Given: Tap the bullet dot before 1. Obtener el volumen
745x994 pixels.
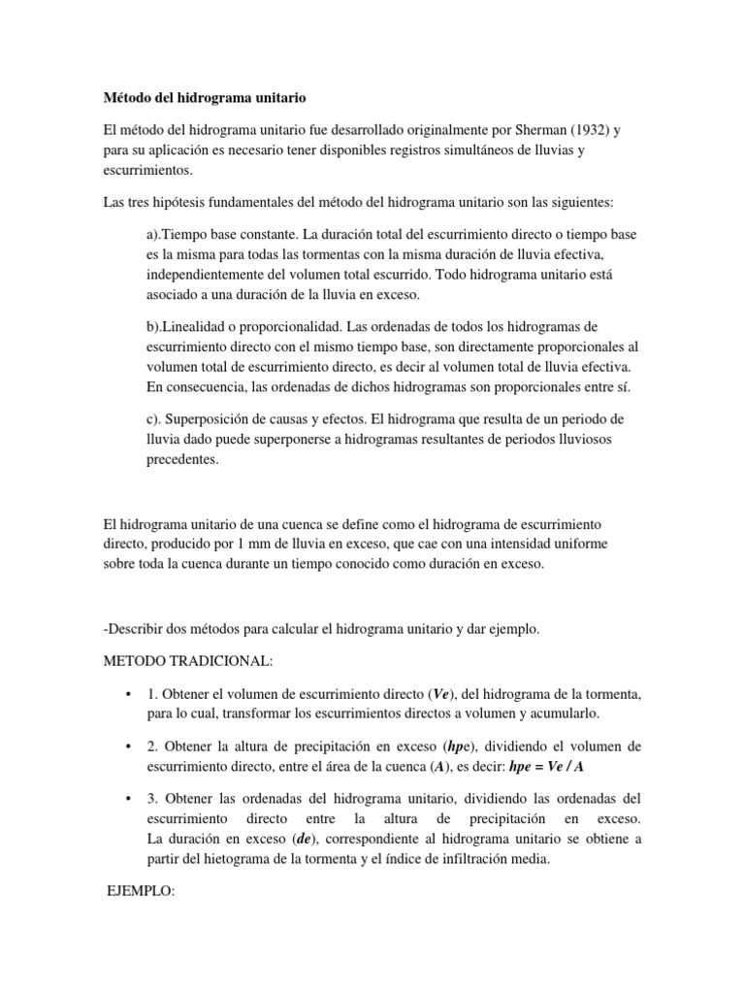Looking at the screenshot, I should [128, 695].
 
